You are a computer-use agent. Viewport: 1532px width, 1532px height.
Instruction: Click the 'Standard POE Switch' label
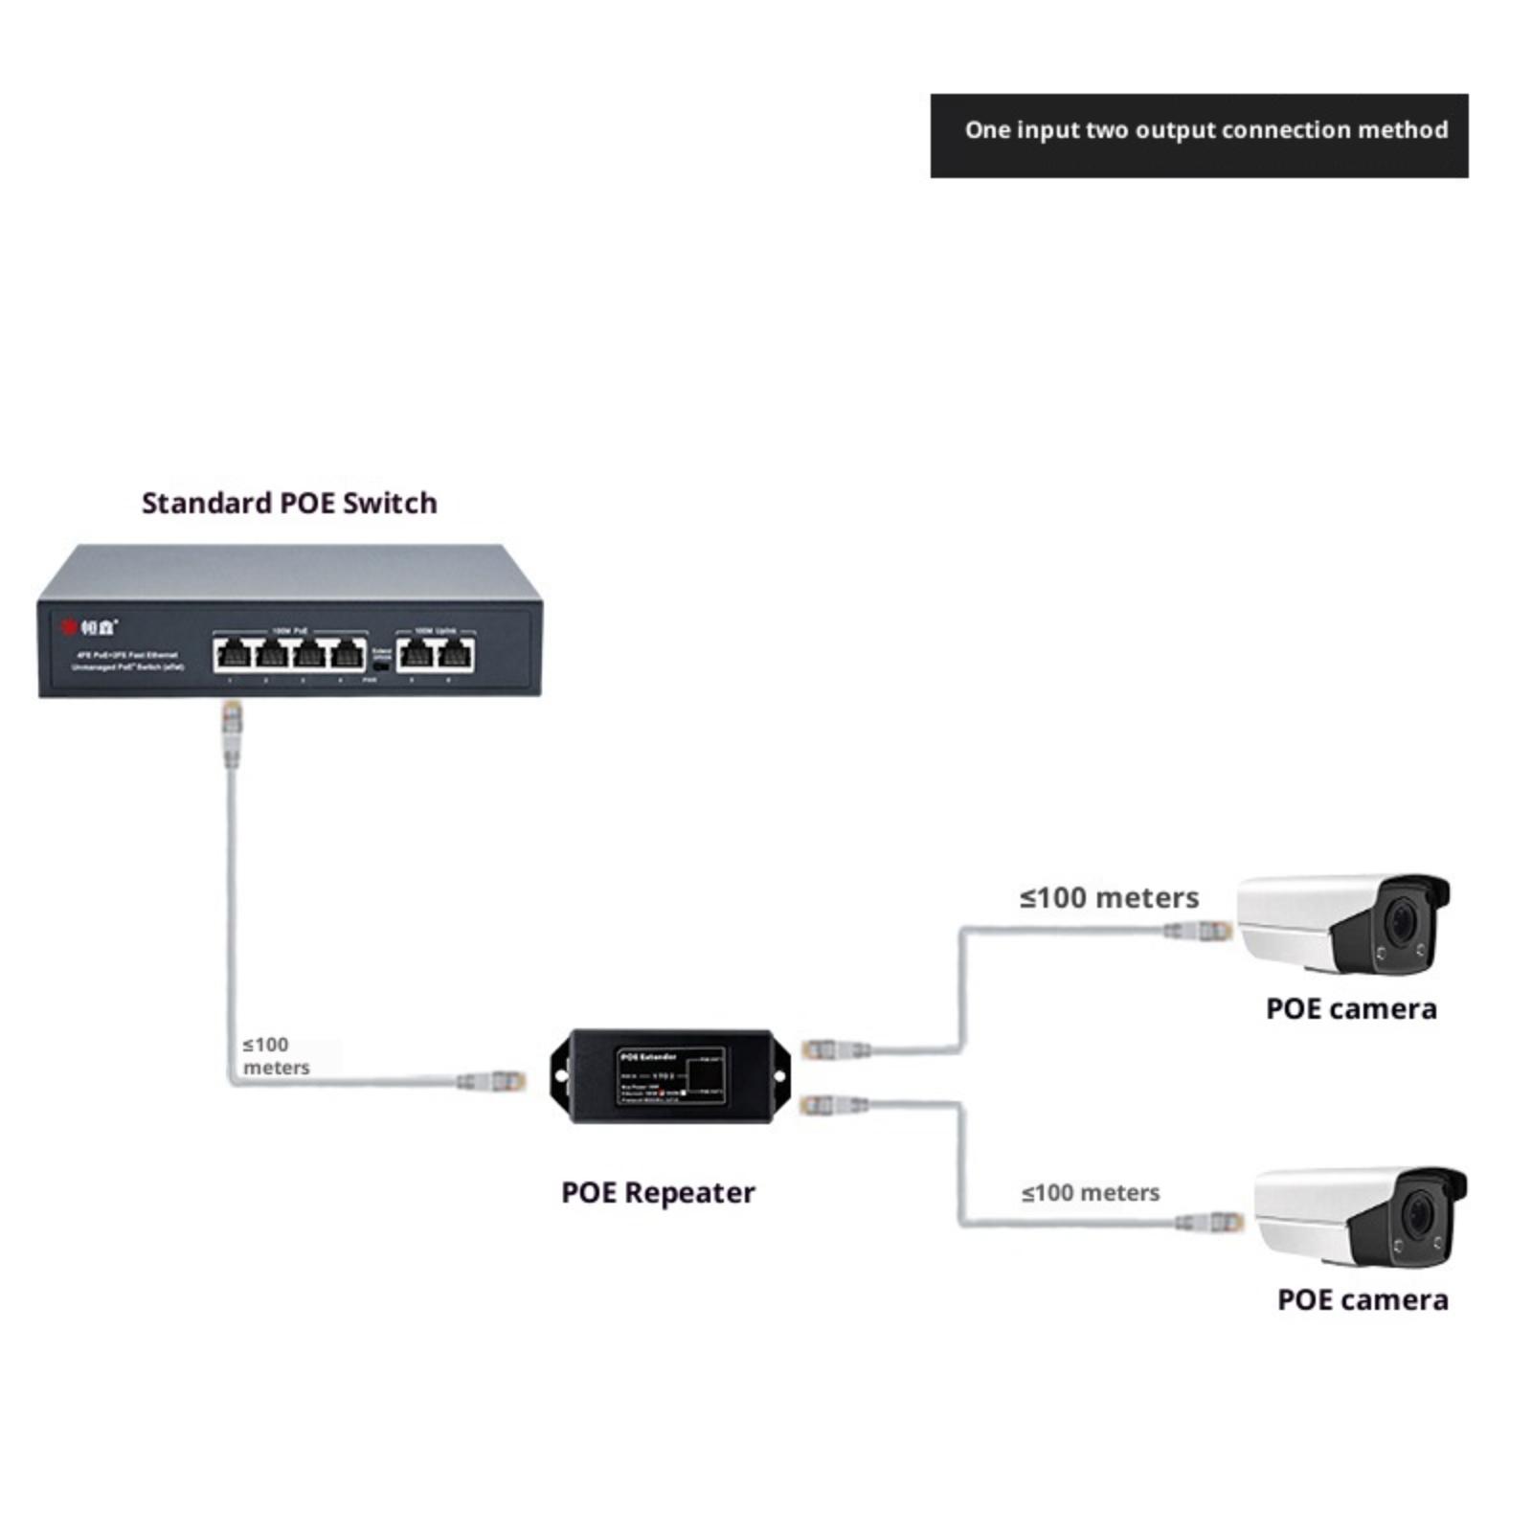289,503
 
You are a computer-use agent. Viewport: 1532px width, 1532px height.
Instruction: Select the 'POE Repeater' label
658,1192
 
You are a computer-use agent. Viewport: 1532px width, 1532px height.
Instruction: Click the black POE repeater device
670,1076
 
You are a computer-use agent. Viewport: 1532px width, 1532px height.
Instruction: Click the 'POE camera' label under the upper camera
1351,1008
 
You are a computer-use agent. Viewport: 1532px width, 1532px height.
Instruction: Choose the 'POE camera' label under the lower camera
1363,1299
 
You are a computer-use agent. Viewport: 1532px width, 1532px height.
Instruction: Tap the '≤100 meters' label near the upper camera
1109,897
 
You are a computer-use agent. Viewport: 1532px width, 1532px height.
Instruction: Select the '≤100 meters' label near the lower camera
1090,1192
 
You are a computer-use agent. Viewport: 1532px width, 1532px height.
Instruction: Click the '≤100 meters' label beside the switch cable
275,1055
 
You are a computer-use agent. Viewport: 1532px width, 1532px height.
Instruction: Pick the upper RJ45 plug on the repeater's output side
833,1049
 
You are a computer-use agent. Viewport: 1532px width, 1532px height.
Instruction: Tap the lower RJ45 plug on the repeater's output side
831,1105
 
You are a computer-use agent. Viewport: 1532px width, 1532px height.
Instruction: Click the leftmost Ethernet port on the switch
233,655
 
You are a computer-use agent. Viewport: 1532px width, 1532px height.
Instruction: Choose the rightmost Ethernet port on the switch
455,655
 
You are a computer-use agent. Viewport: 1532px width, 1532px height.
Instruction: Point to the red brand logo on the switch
69,627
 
